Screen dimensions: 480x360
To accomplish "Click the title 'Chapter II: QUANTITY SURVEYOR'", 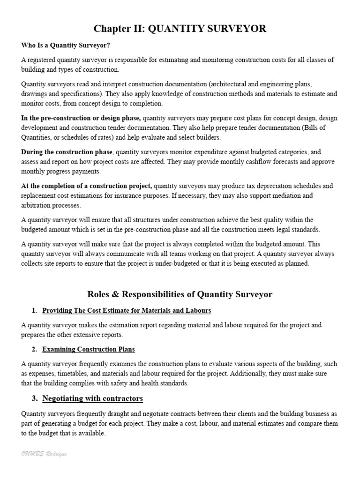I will (x=180, y=29).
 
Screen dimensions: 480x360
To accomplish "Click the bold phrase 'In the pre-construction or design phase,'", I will (x=81, y=118).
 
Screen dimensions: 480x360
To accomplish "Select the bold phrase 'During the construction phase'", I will (x=67, y=152).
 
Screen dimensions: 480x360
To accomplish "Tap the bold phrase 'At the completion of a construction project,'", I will (x=87, y=186).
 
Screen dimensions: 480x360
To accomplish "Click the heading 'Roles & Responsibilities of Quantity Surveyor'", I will (x=180, y=294).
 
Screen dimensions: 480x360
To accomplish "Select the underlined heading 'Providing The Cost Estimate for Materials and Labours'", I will (x=127, y=310).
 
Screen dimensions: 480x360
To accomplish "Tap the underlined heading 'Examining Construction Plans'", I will (x=89, y=349).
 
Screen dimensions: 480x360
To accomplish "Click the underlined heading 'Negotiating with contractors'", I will (x=92, y=399).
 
